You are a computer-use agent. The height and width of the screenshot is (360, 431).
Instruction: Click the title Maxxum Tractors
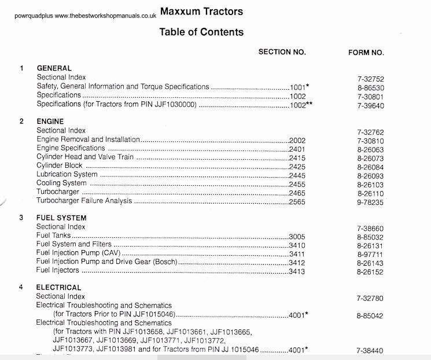pos(201,12)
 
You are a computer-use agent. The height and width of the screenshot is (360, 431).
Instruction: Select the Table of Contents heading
pos(201,32)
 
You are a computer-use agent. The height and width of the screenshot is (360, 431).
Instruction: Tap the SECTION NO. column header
pos(282,53)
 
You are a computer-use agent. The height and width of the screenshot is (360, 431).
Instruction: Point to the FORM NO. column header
pos(366,53)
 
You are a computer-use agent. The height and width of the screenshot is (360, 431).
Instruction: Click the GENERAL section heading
pos(54,68)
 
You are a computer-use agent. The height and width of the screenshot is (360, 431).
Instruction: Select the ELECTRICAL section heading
pos(59,287)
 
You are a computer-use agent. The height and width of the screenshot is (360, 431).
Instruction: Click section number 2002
pos(297,140)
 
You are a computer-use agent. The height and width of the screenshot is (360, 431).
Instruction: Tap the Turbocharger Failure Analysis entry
pos(84,201)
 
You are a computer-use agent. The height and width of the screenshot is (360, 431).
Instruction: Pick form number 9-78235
pos(370,203)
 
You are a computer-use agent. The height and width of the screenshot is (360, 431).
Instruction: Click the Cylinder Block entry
pos(60,166)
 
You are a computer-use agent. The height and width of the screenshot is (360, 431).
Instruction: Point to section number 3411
pos(297,254)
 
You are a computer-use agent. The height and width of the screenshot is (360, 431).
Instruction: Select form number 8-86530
pos(370,87)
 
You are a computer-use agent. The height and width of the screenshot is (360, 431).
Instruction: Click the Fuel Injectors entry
pos(57,270)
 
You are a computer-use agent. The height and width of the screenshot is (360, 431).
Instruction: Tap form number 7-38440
pos(370,351)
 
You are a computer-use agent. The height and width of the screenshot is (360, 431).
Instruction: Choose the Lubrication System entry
pos(67,175)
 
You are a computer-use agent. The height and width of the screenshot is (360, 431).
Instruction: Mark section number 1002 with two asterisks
pos(301,105)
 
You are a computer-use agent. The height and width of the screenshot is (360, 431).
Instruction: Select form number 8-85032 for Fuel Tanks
pos(370,237)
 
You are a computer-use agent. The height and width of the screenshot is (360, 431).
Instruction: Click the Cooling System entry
pos(61,183)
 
